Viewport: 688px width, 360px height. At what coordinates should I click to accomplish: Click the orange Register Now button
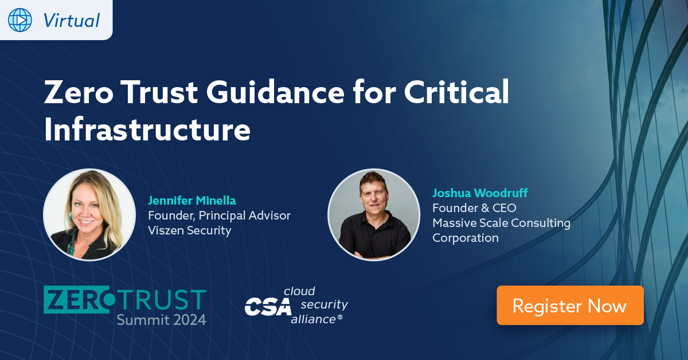pyautogui.click(x=570, y=305)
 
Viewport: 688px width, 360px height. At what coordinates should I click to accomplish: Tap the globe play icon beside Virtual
pyautogui.click(x=20, y=20)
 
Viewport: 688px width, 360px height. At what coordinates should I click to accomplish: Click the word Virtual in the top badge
pyautogui.click(x=71, y=21)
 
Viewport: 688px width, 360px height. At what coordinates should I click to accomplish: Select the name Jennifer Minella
pyautogui.click(x=192, y=201)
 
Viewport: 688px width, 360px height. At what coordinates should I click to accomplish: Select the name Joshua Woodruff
pyautogui.click(x=480, y=193)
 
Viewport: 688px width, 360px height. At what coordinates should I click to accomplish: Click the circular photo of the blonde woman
pyautogui.click(x=89, y=214)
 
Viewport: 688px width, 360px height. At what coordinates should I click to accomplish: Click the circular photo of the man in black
pyautogui.click(x=374, y=214)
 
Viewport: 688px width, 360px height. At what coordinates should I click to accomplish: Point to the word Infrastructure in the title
pyautogui.click(x=147, y=130)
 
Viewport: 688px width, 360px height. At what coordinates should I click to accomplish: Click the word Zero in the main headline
pyautogui.click(x=79, y=92)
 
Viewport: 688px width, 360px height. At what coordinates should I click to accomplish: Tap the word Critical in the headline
pyautogui.click(x=456, y=92)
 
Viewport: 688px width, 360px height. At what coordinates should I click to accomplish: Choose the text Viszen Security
pyautogui.click(x=190, y=230)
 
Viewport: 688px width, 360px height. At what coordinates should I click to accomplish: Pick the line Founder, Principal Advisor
pyautogui.click(x=219, y=216)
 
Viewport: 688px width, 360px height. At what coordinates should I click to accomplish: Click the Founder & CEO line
pyautogui.click(x=474, y=208)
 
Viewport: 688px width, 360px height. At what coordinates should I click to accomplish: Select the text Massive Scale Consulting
pyautogui.click(x=501, y=223)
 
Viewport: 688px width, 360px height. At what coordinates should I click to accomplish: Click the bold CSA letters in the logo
pyautogui.click(x=268, y=307)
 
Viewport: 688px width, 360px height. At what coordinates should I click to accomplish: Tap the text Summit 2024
pyautogui.click(x=162, y=320)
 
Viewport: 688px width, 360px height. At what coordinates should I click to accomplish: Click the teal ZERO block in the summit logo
pyautogui.click(x=77, y=299)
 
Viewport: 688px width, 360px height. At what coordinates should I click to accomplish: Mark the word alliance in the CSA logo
pyautogui.click(x=313, y=319)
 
